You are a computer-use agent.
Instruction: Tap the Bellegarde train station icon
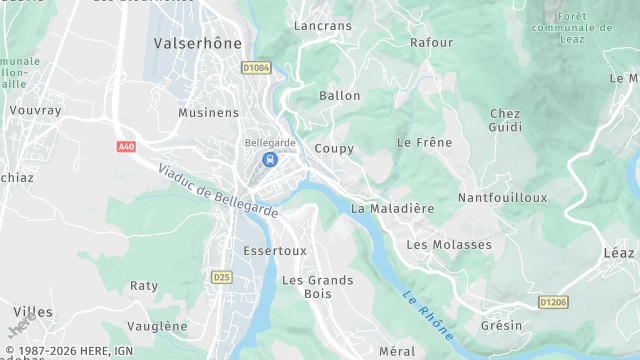[x=268, y=159]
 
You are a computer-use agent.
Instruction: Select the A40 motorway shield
[x=126, y=147]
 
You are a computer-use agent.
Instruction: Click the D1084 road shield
[x=256, y=68]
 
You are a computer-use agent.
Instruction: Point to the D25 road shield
[x=222, y=276]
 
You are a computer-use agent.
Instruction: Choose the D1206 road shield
[x=552, y=301]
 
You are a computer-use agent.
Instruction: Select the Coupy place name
[x=334, y=148]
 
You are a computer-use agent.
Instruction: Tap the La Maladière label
[x=392, y=208]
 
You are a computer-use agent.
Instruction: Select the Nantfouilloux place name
[x=502, y=198]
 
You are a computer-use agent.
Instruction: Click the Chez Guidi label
[x=505, y=120]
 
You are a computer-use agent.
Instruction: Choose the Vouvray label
[x=36, y=110]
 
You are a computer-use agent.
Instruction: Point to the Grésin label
[x=501, y=325]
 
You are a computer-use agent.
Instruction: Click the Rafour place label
[x=431, y=43]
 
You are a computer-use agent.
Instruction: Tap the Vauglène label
[x=159, y=326]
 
